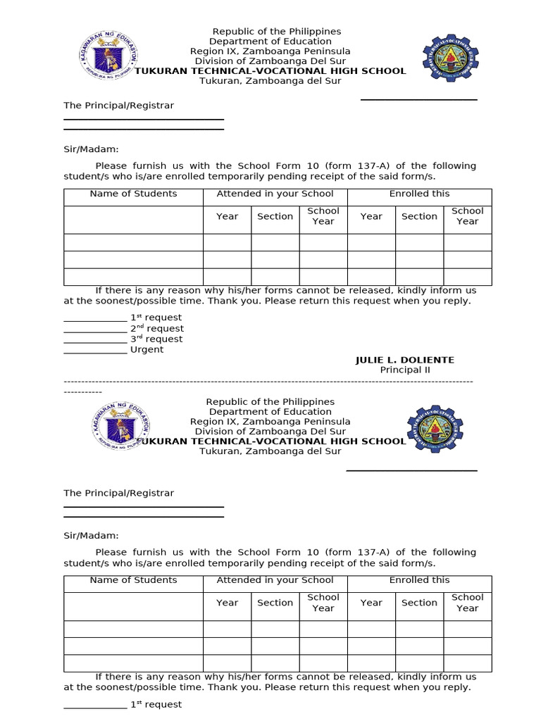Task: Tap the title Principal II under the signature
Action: pyautogui.click(x=404, y=370)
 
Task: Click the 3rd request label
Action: pyautogui.click(x=156, y=339)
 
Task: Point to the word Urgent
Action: pyautogui.click(x=147, y=350)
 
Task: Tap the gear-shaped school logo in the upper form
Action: pyautogui.click(x=449, y=58)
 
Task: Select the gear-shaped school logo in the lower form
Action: pyautogui.click(x=435, y=429)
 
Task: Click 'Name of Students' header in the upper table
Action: pyautogui.click(x=133, y=194)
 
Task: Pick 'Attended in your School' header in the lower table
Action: pyautogui.click(x=275, y=580)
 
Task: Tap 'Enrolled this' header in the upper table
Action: pyautogui.click(x=419, y=194)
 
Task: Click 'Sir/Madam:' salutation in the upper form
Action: pyautogui.click(x=92, y=149)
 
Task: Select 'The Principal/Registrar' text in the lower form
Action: pyautogui.click(x=118, y=494)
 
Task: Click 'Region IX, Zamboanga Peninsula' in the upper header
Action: pyautogui.click(x=270, y=51)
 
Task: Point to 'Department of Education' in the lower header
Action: pyautogui.click(x=270, y=412)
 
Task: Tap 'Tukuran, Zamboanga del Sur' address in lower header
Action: pyautogui.click(x=270, y=451)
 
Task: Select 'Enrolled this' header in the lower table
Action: pyautogui.click(x=419, y=580)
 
